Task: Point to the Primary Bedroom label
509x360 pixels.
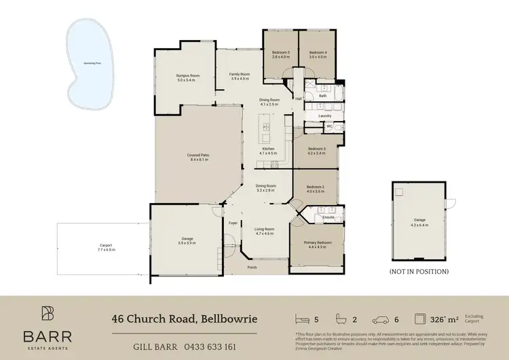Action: pos(318,245)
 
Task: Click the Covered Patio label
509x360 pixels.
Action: pos(198,157)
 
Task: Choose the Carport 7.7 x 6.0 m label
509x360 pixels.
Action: pos(106,247)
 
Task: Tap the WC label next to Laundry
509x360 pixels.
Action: pos(328,126)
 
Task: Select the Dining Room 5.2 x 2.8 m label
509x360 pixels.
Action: pos(265,188)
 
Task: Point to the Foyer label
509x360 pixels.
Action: pos(233,223)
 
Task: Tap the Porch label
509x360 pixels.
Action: pos(252,267)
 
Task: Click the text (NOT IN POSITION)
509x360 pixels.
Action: pos(419,271)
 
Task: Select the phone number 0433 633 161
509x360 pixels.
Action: pos(211,346)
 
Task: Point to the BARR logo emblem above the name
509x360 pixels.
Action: pos(48,313)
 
